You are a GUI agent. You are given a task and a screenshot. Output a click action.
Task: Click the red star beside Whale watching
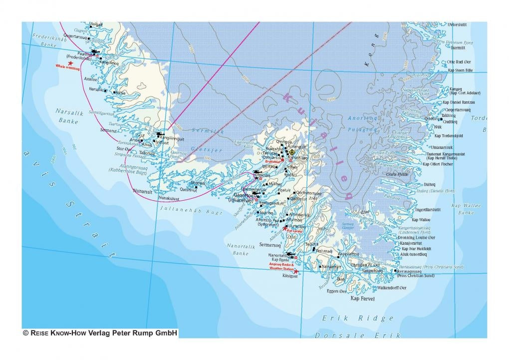click(x=70, y=63)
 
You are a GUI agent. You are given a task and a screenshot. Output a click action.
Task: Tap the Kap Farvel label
click(x=362, y=299)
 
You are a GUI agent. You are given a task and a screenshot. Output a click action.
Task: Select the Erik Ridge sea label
click(x=357, y=318)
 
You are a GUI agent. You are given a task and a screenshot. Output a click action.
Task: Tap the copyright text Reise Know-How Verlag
click(x=100, y=333)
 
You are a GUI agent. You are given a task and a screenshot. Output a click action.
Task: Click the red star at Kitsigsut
click(x=295, y=272)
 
